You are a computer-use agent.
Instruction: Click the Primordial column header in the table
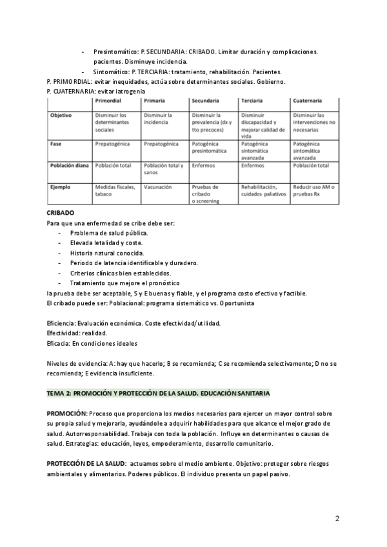pyautogui.click(x=109, y=102)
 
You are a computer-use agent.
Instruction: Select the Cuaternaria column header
pyautogui.click(x=308, y=102)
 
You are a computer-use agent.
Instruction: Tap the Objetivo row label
pyautogui.click(x=61, y=115)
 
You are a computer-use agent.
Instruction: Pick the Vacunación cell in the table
pyautogui.click(x=158, y=187)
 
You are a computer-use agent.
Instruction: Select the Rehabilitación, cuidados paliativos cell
pyautogui.click(x=263, y=190)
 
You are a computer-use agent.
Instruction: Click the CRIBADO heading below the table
pyautogui.click(x=61, y=212)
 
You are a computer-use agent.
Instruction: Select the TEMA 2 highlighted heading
pyautogui.click(x=158, y=393)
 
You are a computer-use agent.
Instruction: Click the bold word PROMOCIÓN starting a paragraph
pyautogui.click(x=66, y=412)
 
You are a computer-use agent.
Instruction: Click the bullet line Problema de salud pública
pyautogui.click(x=109, y=232)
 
